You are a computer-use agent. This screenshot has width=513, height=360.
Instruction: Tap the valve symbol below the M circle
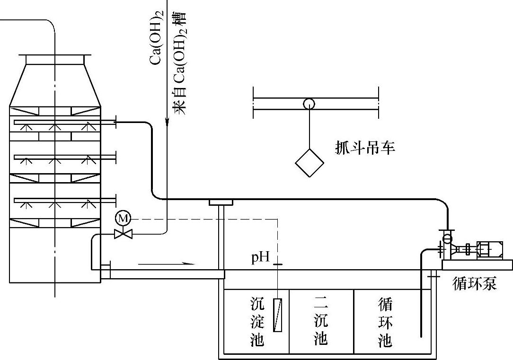coord(123,233)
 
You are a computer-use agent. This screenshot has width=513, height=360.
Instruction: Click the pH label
coord(260,258)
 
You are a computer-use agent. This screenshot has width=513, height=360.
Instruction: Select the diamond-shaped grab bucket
coord(310,162)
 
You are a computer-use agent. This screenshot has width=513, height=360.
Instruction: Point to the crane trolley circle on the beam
coord(309,103)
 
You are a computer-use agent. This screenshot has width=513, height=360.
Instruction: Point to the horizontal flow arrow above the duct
coord(167,262)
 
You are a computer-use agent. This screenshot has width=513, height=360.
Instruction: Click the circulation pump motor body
coord(489,249)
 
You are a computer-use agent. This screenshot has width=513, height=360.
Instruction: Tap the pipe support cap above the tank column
coord(221,203)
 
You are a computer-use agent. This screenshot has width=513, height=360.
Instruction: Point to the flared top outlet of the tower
coord(55,60)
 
